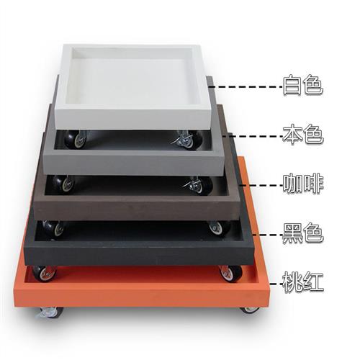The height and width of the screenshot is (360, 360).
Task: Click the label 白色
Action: (303, 85)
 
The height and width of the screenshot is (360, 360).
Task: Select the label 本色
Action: (303, 135)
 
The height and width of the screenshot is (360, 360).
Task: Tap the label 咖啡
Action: (303, 184)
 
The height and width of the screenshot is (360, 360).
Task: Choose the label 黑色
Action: (303, 233)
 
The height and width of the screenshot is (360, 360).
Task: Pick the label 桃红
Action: (303, 282)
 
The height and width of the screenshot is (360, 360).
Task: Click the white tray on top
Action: (132, 86)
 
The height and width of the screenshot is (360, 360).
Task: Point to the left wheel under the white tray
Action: (75, 139)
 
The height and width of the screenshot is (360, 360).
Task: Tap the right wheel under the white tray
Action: (189, 140)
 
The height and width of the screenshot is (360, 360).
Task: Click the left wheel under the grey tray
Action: (63, 184)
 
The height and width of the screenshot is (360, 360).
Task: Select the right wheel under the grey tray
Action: (199, 185)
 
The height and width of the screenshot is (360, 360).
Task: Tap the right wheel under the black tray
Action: (230, 273)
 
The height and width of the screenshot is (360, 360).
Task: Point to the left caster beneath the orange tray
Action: (50, 312)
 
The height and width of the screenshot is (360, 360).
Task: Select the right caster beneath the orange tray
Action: (250, 310)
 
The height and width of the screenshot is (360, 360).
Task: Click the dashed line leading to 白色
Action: (248, 86)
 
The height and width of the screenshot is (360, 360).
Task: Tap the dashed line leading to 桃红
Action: (276, 284)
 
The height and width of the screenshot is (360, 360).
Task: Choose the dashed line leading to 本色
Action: (253, 136)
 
